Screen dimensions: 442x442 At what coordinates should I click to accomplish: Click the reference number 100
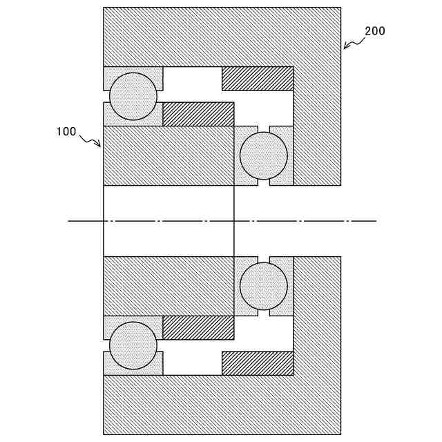coord(66,132)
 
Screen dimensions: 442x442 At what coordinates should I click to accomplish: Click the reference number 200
coord(375,31)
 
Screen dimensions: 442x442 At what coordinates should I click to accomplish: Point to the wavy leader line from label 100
coord(90,140)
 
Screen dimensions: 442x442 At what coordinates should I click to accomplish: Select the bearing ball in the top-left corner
coord(133,96)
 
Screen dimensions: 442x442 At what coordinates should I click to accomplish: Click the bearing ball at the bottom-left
coord(133,345)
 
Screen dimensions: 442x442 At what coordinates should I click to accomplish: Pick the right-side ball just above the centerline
coord(263,155)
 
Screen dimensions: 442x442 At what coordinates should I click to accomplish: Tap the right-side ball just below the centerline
coord(263,286)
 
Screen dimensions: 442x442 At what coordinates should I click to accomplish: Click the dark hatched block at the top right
coord(258,79)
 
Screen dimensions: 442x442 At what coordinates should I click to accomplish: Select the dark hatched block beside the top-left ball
coord(198,114)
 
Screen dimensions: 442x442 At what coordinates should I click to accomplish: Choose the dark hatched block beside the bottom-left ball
coord(198,328)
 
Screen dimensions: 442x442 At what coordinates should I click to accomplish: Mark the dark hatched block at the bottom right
coord(258,363)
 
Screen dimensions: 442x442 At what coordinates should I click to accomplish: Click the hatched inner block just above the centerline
coord(169,155)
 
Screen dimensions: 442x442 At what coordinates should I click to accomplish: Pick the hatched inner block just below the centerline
coord(169,286)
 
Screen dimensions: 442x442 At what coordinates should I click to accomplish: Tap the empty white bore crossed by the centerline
coord(169,207)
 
